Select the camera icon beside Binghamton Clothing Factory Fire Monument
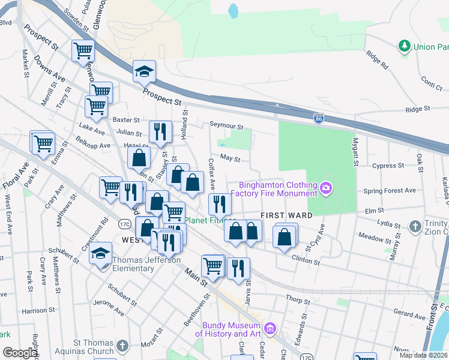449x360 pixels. (x=326, y=188)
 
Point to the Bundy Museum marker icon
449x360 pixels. (x=270, y=329)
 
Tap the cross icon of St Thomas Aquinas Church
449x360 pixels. (x=122, y=346)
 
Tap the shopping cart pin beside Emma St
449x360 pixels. (x=43, y=144)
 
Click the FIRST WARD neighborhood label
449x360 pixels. (x=286, y=215)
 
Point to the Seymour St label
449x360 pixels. (x=226, y=127)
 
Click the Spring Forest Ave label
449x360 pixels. (x=390, y=191)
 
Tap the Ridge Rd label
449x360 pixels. (x=377, y=58)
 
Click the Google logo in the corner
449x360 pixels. (x=20, y=353)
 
